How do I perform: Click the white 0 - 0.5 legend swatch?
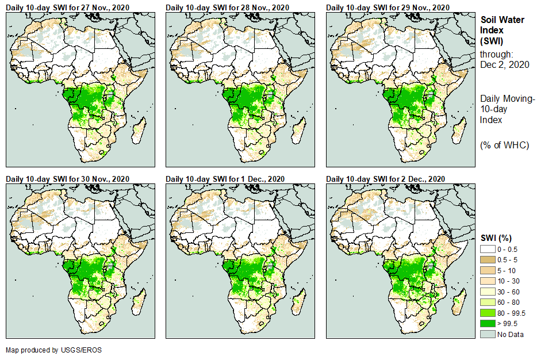(488, 248)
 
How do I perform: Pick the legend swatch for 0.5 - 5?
(488, 259)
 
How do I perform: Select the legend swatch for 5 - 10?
(488, 270)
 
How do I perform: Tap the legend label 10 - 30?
(509, 281)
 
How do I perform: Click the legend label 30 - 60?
(509, 292)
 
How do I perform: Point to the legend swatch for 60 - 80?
(488, 302)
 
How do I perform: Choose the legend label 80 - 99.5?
(511, 313)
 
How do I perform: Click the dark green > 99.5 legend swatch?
(488, 324)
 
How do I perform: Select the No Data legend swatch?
(488, 334)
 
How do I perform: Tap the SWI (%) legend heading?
(496, 238)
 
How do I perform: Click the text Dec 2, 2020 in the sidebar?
(504, 64)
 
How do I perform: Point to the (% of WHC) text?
(504, 145)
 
